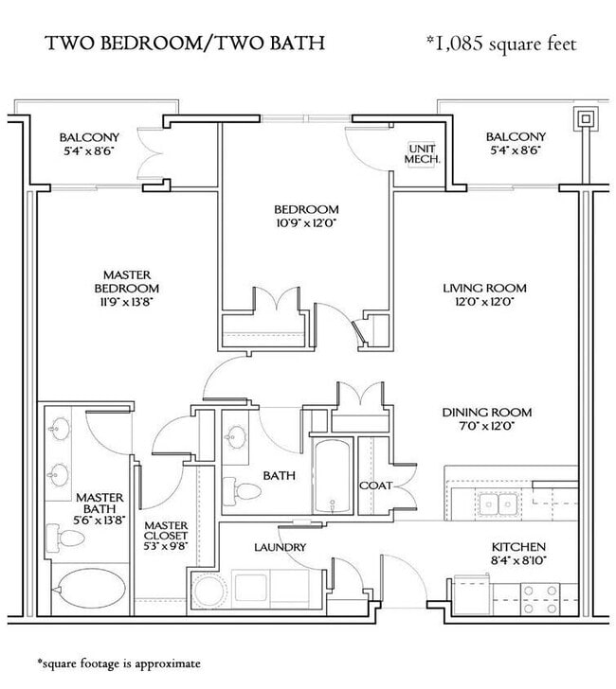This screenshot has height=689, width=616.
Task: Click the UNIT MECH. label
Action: (422, 153)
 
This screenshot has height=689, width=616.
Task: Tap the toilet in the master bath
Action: (65, 538)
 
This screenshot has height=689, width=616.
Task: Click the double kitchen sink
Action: (498, 503)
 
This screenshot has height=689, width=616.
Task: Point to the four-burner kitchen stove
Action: (540, 599)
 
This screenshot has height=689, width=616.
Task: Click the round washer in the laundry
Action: (209, 591)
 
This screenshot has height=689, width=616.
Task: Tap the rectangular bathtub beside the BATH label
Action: (333, 475)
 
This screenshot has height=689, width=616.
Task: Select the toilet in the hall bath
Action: (241, 491)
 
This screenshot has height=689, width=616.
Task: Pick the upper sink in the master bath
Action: (60, 428)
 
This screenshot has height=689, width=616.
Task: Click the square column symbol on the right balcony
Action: (586, 118)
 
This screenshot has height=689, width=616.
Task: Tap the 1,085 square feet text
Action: (501, 44)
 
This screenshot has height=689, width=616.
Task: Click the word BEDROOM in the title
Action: (151, 43)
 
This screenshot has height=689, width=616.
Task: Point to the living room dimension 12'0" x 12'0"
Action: (484, 302)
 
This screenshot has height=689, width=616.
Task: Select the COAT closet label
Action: (375, 486)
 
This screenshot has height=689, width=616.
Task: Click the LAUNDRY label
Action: (280, 547)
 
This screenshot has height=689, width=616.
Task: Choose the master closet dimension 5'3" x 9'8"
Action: (166, 546)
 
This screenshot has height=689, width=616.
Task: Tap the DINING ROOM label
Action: (487, 413)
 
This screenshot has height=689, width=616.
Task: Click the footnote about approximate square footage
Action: (118, 663)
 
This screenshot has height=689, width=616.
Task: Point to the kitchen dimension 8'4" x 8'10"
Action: (518, 560)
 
